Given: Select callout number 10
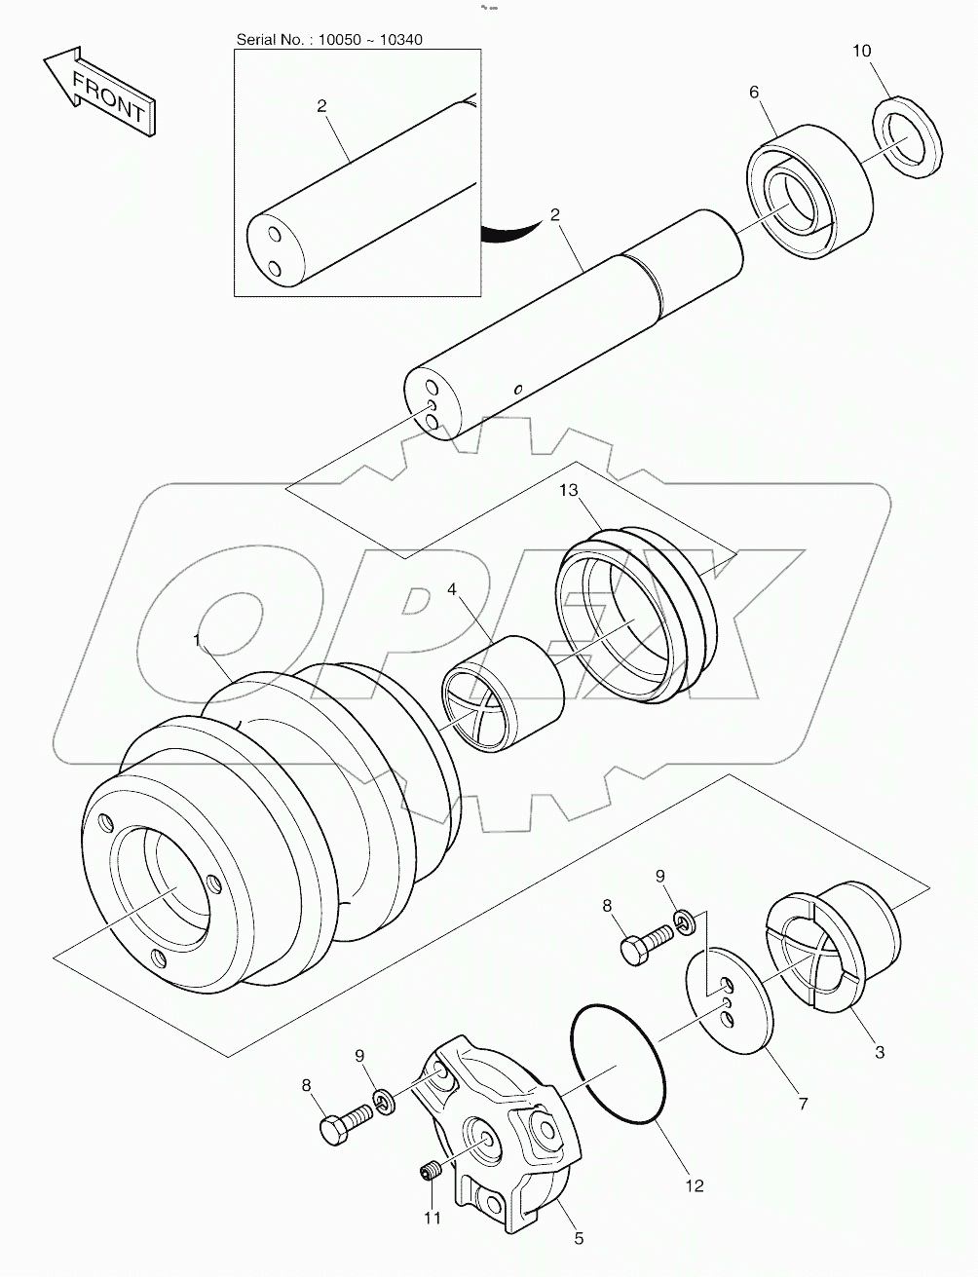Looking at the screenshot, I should [862, 51].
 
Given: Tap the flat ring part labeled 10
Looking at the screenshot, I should [908, 138].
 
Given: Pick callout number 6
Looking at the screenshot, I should [754, 92].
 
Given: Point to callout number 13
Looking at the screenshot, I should [569, 492].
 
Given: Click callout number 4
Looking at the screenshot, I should [453, 590].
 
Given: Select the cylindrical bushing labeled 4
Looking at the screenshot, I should [504, 694].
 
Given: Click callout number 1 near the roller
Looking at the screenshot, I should [198, 640].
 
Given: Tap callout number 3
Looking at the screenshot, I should [879, 1052].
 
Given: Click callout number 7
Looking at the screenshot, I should [803, 1104].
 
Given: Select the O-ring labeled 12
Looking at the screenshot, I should [619, 1064].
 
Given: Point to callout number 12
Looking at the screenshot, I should [694, 1185].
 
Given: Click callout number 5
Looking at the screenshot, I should [579, 1238].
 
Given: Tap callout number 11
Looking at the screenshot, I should [432, 1218].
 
